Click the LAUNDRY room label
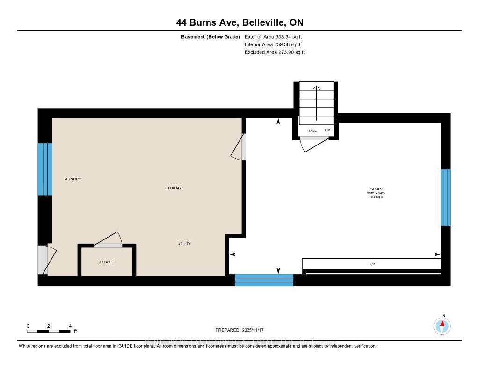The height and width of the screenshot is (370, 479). tap(72, 179)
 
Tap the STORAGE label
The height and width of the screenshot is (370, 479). tap(174, 188)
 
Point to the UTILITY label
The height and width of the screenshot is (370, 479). tap(184, 244)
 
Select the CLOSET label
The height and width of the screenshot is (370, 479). tap(107, 262)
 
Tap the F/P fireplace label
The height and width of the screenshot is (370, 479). tap(372, 264)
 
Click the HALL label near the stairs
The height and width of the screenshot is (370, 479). tap(312, 131)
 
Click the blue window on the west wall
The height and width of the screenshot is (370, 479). tap(45, 169)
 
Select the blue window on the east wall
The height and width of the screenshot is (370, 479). tap(446, 197)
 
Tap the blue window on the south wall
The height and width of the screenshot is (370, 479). tap(264, 280)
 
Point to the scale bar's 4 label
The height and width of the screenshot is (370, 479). tap(70, 326)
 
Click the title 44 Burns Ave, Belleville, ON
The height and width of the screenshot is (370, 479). tap(239, 22)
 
